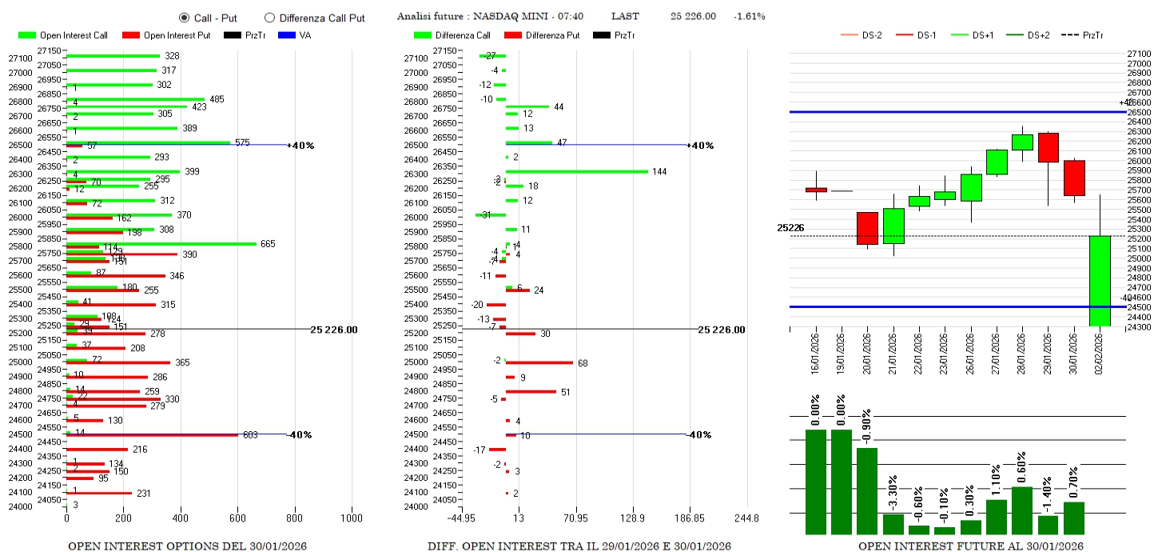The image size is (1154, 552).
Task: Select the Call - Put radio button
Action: (x=184, y=18)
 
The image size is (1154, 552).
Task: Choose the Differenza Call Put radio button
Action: (x=269, y=18)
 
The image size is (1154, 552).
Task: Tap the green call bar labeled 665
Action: (x=161, y=243)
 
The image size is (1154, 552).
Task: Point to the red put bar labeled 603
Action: (x=152, y=435)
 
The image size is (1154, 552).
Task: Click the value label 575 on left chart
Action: (x=242, y=142)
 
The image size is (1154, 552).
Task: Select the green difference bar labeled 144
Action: (x=576, y=171)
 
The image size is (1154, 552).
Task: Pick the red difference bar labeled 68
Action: (x=539, y=362)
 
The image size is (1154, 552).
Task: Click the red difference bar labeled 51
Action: (x=531, y=391)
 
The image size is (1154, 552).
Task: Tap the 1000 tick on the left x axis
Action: (x=352, y=518)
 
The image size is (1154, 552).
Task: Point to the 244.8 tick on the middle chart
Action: (x=746, y=518)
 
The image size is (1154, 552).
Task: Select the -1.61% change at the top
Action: (x=749, y=16)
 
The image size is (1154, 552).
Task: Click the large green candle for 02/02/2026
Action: (x=1100, y=280)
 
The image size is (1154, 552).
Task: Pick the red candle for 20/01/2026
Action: (x=867, y=228)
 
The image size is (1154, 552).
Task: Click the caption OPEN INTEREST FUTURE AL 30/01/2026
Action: (x=971, y=546)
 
